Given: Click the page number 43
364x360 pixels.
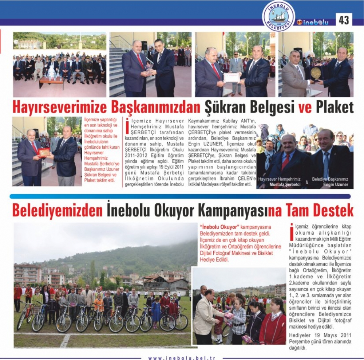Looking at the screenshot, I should pos(344,20).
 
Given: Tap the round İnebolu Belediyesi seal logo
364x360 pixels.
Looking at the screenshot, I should pos(278,16).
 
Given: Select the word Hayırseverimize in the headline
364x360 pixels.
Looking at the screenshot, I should pos(51,107).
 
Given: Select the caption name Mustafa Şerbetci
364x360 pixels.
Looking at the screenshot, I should pos(285,185).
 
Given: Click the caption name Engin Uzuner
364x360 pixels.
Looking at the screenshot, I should pos(335,185).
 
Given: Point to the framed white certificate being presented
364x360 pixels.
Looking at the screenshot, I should pos(232,78).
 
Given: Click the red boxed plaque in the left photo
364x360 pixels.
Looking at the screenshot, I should pos(44,152).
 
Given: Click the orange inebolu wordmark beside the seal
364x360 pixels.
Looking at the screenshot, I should pos(313,22).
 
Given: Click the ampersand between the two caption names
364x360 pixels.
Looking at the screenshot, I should pos(306,182).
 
